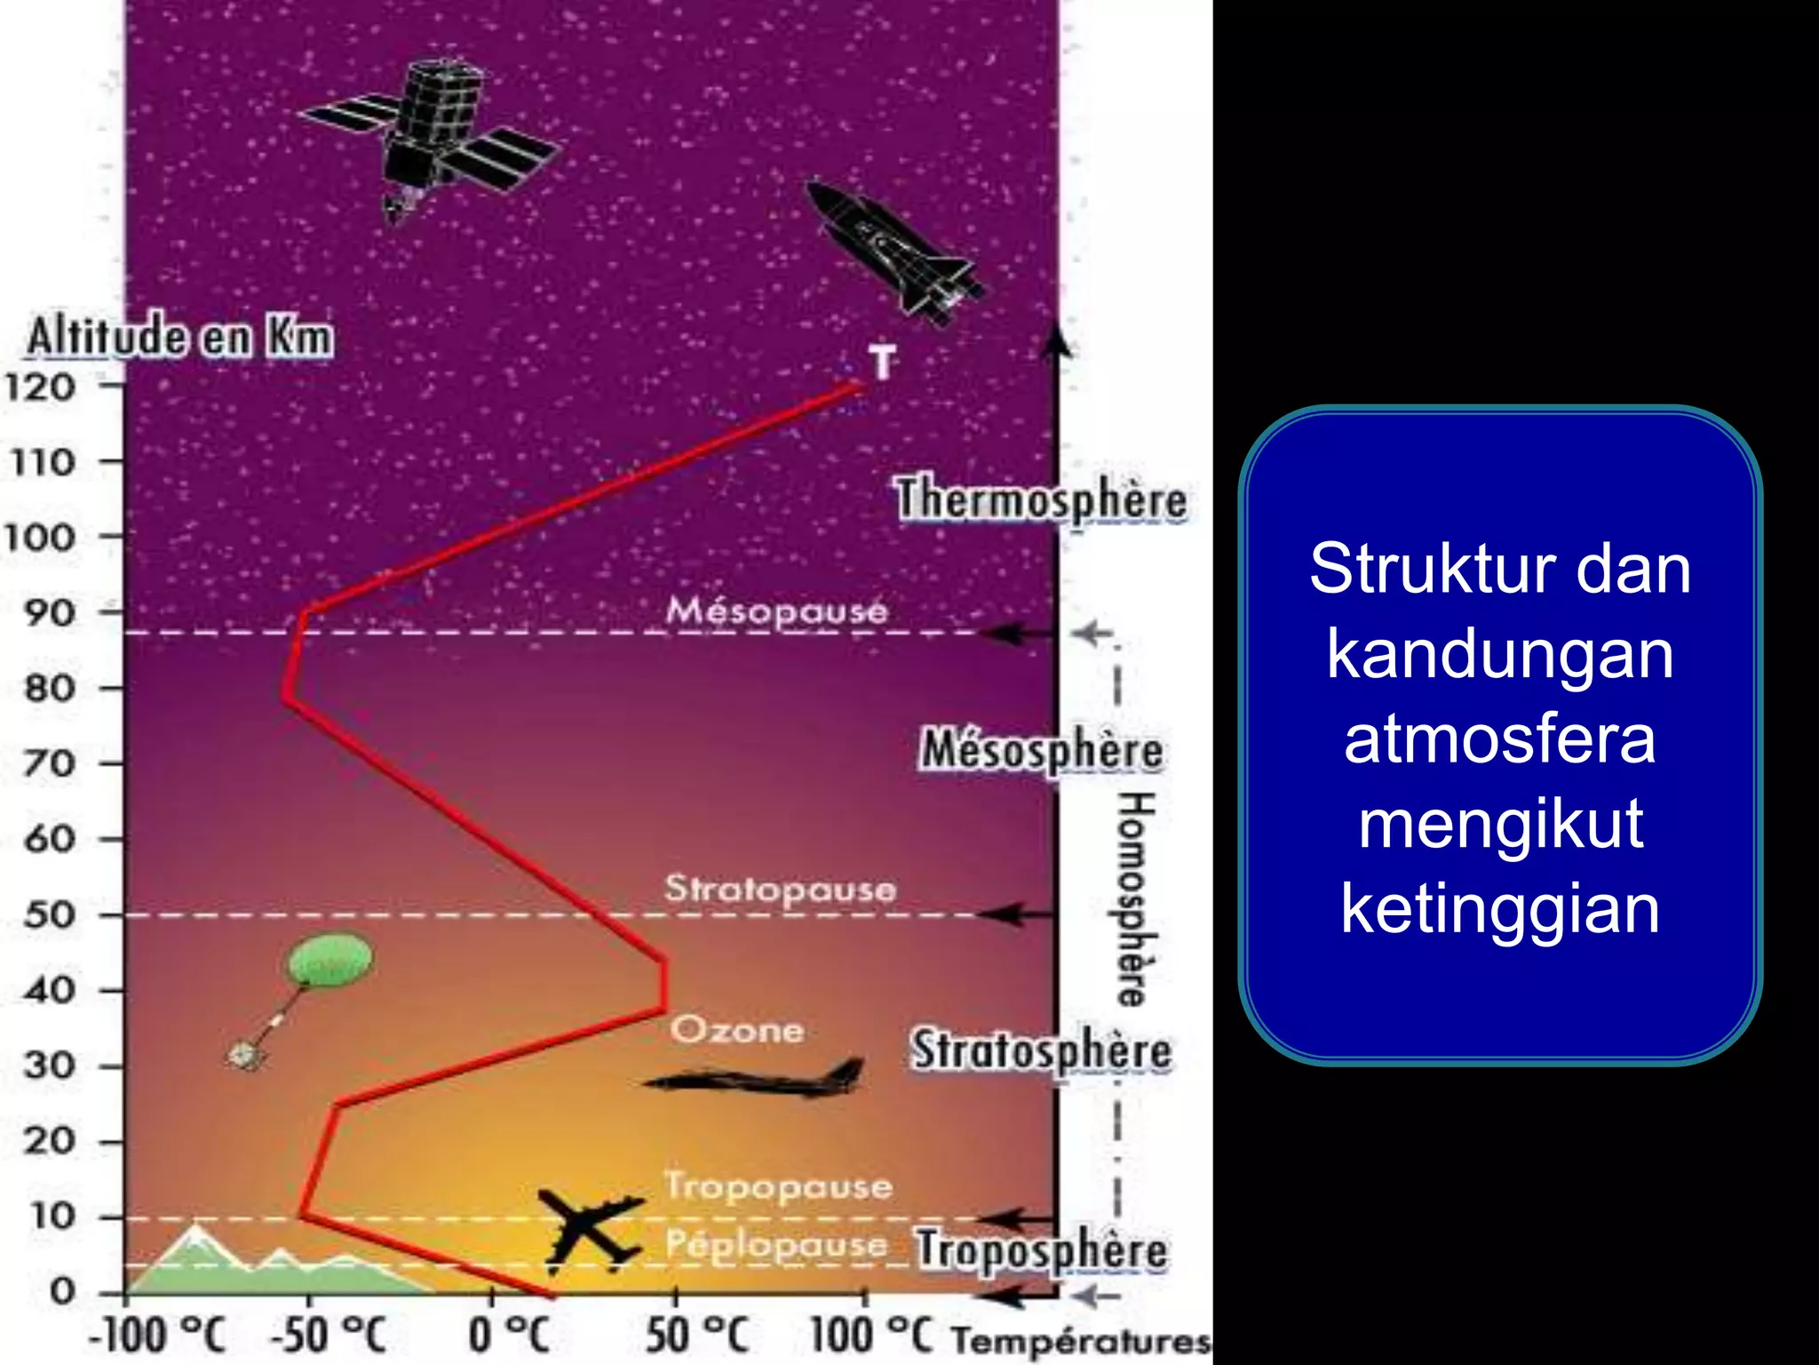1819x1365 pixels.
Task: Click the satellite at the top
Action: [x=430, y=133]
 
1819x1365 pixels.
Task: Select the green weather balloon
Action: [x=329, y=960]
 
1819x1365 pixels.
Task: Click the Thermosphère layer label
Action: [x=1041, y=499]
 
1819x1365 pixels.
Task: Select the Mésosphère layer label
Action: [x=1041, y=751]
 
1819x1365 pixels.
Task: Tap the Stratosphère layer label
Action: [x=1041, y=1051]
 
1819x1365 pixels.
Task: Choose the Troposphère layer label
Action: [x=1041, y=1250]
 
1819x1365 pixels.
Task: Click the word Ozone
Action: [x=737, y=1031]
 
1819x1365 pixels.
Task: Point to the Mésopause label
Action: [x=776, y=611]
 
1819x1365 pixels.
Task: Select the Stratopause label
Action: [x=780, y=890]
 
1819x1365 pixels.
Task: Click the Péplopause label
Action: [x=776, y=1245]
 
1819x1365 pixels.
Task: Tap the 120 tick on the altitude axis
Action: [x=41, y=387]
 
